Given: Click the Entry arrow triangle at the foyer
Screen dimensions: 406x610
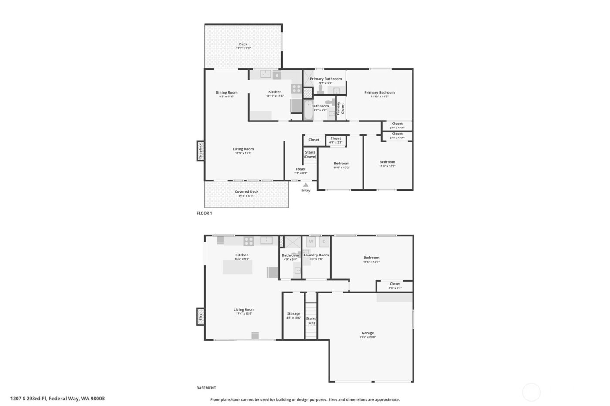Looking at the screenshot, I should [305, 185].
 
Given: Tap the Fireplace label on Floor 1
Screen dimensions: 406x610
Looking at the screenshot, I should [200, 151].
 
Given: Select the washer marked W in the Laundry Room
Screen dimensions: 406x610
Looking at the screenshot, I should [311, 242].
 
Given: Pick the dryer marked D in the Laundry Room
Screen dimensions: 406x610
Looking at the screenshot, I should [324, 242].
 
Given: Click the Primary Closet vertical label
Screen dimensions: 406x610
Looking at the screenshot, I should [340, 108].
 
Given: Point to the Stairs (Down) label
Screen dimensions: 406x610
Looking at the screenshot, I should [310, 154].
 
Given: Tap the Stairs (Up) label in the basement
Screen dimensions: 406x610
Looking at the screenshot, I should [311, 321].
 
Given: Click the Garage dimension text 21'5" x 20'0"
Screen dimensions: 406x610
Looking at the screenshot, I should [367, 337].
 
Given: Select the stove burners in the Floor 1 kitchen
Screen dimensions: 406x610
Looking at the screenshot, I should [296, 89].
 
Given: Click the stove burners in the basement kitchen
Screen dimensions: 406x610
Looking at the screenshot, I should [249, 241].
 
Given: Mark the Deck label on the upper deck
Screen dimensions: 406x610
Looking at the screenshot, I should [243, 44].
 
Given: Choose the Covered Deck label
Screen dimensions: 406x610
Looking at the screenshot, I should [247, 191].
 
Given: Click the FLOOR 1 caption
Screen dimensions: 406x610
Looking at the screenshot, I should [204, 213].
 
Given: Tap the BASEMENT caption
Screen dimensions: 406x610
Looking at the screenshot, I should [206, 388].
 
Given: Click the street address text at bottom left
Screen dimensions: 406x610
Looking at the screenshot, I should [58, 398].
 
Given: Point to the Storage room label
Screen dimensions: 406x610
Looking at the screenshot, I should [294, 313].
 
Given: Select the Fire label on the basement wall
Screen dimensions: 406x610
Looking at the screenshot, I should [200, 316].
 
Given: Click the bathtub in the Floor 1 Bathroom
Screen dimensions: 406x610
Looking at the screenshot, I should [308, 110].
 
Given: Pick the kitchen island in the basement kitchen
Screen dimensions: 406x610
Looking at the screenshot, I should [237, 267].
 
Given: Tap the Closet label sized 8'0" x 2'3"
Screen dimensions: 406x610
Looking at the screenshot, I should [395, 284].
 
